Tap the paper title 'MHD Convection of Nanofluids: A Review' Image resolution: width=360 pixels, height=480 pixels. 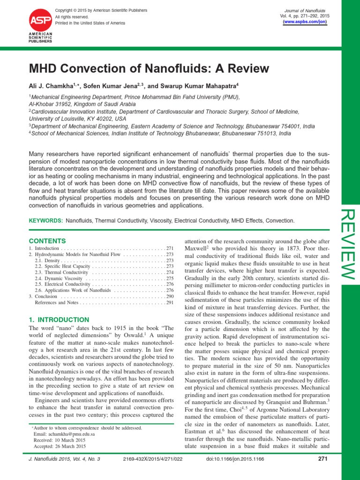(x=149, y=68)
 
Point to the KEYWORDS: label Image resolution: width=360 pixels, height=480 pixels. (x=46, y=220)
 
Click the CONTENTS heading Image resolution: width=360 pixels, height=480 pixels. (x=44, y=240)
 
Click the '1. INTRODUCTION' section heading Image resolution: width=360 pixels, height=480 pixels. (x=58, y=319)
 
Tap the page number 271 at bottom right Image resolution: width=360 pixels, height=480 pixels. (x=322, y=459)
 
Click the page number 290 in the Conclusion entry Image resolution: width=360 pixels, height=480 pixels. (x=169, y=296)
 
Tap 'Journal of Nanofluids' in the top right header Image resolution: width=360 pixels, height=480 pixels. (x=305, y=10)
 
